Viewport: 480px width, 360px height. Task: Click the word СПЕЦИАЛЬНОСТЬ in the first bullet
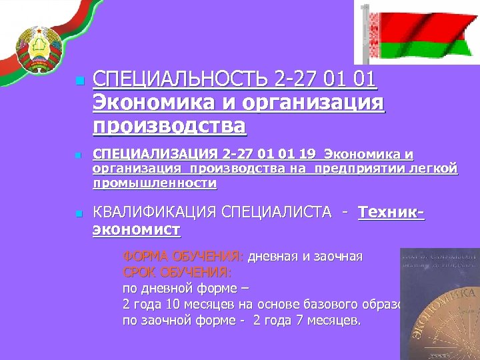180,81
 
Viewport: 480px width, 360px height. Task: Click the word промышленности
155,182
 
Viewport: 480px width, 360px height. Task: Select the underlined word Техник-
392,213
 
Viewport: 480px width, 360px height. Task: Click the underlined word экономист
136,230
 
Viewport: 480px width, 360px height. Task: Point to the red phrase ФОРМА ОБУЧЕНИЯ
183,256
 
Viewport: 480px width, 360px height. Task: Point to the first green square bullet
79,81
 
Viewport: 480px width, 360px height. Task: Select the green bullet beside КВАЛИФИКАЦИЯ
79,214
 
